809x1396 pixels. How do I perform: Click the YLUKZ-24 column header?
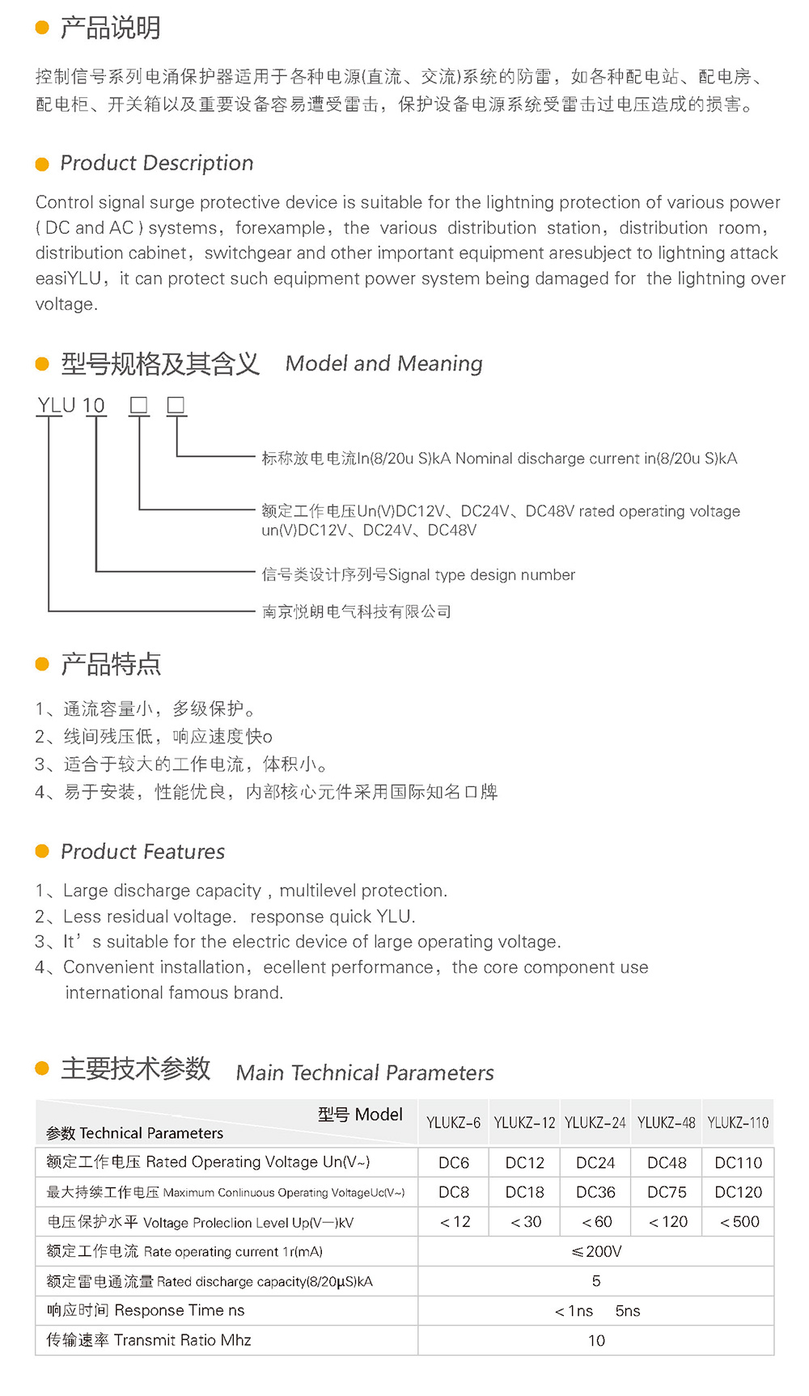pos(595,1123)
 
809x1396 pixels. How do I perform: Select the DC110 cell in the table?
pos(738,1163)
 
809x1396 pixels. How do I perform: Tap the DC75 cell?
pos(667,1192)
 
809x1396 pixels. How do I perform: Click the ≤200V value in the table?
pos(596,1251)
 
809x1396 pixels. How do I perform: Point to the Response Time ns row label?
pos(146,1310)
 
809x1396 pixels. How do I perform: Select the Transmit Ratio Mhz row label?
pos(149,1340)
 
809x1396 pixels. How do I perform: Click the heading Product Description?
pos(157,163)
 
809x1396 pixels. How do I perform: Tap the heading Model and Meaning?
pos(384,364)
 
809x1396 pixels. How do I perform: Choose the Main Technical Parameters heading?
pos(365,1073)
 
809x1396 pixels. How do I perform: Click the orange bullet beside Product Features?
pos(43,851)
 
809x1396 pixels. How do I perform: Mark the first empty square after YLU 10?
pos(139,405)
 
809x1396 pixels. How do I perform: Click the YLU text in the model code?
pos(57,405)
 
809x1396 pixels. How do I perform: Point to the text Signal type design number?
pos(482,575)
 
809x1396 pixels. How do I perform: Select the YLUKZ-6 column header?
pos(453,1123)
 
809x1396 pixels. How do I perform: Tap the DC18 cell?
pos(524,1192)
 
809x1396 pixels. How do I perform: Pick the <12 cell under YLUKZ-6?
pos(455,1222)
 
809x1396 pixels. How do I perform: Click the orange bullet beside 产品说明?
pos(43,28)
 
